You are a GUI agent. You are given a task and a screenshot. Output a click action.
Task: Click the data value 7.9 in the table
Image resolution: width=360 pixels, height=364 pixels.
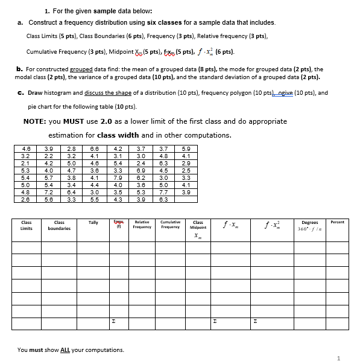tap(118, 177)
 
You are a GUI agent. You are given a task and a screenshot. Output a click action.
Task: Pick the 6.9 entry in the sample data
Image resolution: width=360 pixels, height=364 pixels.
tap(140, 170)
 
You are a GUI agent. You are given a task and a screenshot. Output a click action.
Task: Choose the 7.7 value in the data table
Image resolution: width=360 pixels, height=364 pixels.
tap(163, 193)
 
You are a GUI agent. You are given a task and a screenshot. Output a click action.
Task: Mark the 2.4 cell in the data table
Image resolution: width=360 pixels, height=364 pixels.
tap(140, 163)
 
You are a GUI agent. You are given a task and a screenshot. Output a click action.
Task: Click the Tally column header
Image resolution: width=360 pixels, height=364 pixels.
tap(93, 223)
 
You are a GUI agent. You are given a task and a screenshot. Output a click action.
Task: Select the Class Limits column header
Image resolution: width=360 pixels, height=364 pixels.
tap(27, 226)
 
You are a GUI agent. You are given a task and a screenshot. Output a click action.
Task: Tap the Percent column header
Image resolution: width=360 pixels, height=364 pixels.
tap(338, 222)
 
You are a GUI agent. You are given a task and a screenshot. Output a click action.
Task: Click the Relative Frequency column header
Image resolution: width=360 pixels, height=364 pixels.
tap(143, 225)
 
